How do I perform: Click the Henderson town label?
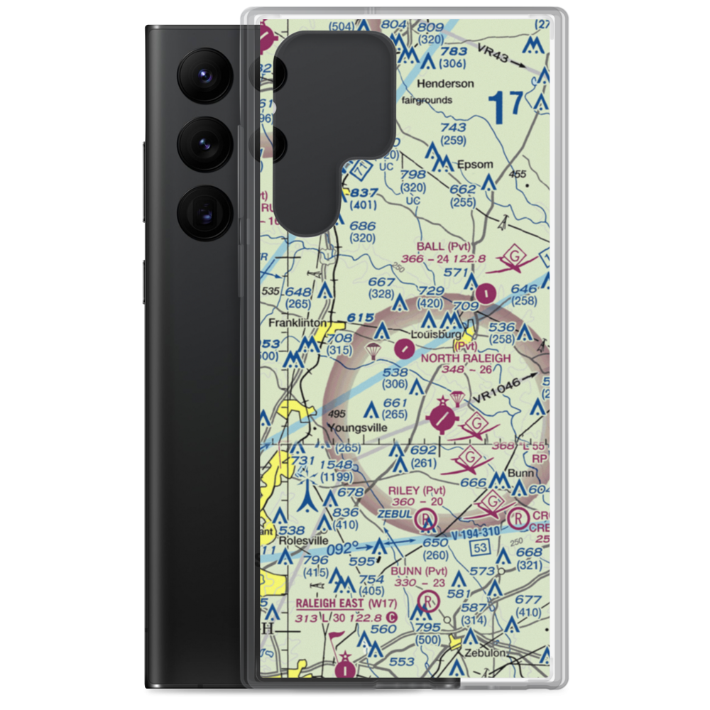coord(445,83)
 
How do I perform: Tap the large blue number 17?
coord(506,105)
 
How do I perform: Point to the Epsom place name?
coord(475,164)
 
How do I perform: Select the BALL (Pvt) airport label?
coord(444,247)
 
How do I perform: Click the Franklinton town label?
coord(297,322)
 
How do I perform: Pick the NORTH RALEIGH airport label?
coord(465,359)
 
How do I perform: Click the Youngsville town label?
coord(357,428)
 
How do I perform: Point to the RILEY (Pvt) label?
coord(417,491)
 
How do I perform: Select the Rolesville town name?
coord(304,540)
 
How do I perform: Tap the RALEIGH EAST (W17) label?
coord(340,603)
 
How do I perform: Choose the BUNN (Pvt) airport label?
coord(417,571)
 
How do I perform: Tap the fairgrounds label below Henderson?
coord(427,100)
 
